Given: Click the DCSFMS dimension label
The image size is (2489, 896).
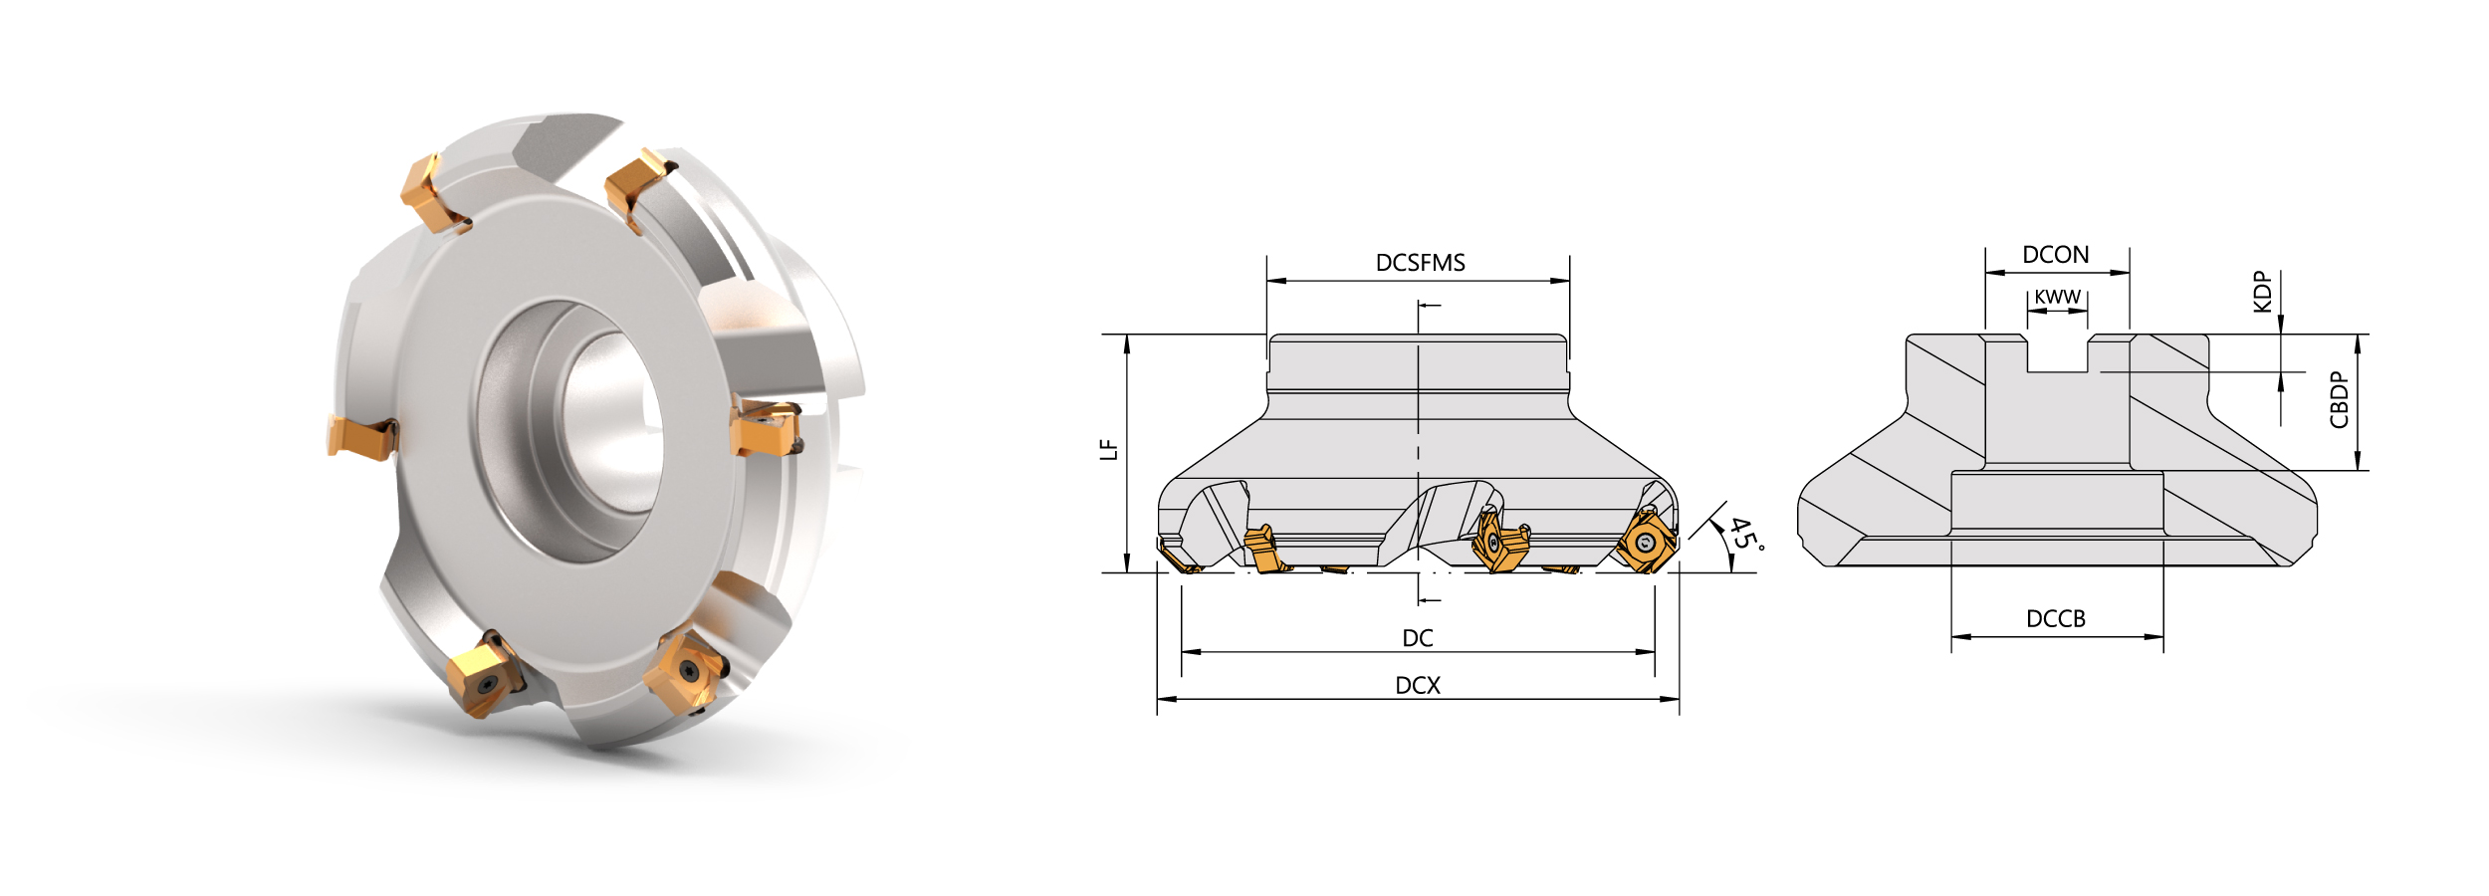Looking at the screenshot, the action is click(1420, 263).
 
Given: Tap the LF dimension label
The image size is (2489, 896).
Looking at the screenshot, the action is click(1109, 450).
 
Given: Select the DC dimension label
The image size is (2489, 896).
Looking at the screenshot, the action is click(1418, 638).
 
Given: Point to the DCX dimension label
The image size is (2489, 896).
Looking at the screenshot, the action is click(1418, 685).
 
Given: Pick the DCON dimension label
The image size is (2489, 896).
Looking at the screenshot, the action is click(2056, 255).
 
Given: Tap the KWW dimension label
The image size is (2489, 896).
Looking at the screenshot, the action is click(2057, 297).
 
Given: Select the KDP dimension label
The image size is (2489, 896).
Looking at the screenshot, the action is click(2262, 292).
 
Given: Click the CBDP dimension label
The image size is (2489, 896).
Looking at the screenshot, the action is click(2340, 400).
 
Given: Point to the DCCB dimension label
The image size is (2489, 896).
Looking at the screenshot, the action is click(2056, 619).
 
